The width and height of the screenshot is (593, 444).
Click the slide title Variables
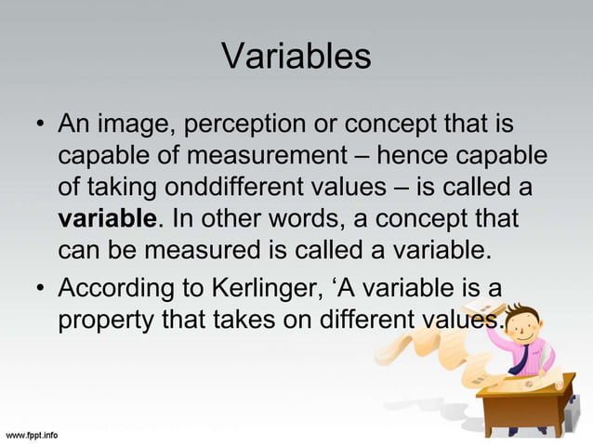click(x=296, y=57)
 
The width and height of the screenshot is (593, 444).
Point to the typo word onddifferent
click(x=238, y=189)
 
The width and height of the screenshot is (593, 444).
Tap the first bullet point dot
click(x=40, y=124)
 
